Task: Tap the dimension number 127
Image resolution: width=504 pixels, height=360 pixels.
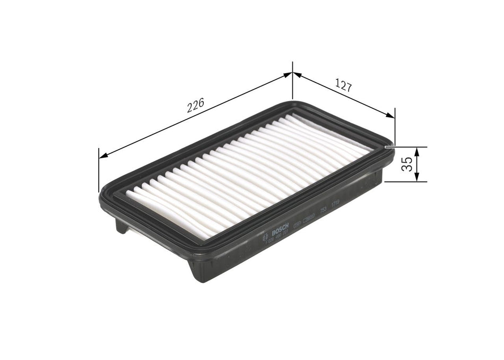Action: pos(344,86)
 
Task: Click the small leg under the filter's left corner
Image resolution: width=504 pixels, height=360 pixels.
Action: pos(121,226)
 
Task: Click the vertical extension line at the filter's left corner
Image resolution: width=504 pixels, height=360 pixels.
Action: pos(99,170)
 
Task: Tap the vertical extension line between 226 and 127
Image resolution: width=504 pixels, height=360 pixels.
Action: pos(292,82)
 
